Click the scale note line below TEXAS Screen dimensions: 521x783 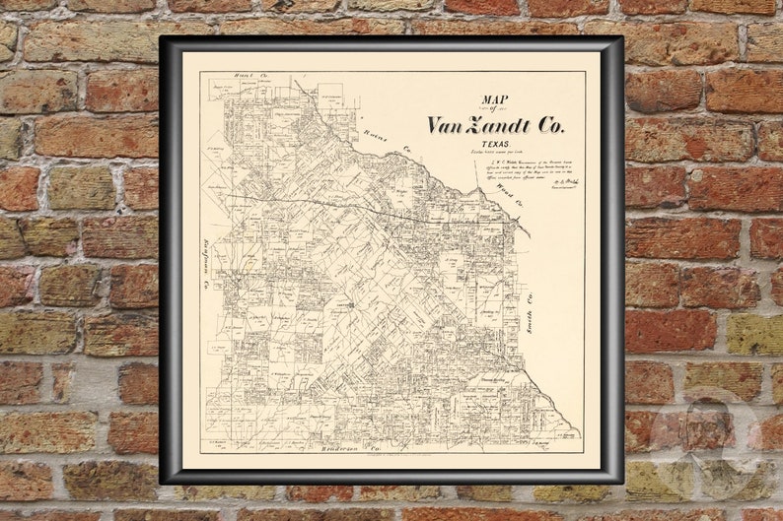tap(486, 152)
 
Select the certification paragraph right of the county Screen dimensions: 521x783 tap(528, 172)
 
